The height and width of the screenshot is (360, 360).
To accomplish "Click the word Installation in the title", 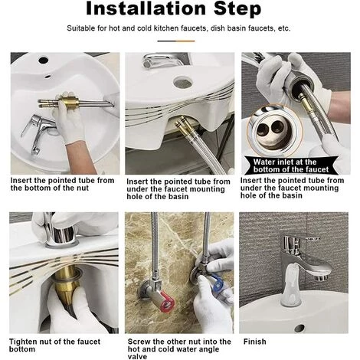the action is coord(146,8).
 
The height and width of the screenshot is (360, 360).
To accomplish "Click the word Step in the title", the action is coord(237,9).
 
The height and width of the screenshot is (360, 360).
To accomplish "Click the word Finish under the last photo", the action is coord(254,342).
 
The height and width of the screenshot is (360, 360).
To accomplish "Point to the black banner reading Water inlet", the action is coord(291,165).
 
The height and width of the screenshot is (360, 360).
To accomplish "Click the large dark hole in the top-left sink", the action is coord(43,61).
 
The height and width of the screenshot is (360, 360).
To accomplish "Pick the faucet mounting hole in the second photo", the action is coord(182,83).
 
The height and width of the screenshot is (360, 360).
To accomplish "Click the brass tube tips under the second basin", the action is coord(183,125).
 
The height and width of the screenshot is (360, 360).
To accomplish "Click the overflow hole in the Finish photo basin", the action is coord(299,328).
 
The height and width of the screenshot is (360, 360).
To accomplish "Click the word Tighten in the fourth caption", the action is coord(25,342).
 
